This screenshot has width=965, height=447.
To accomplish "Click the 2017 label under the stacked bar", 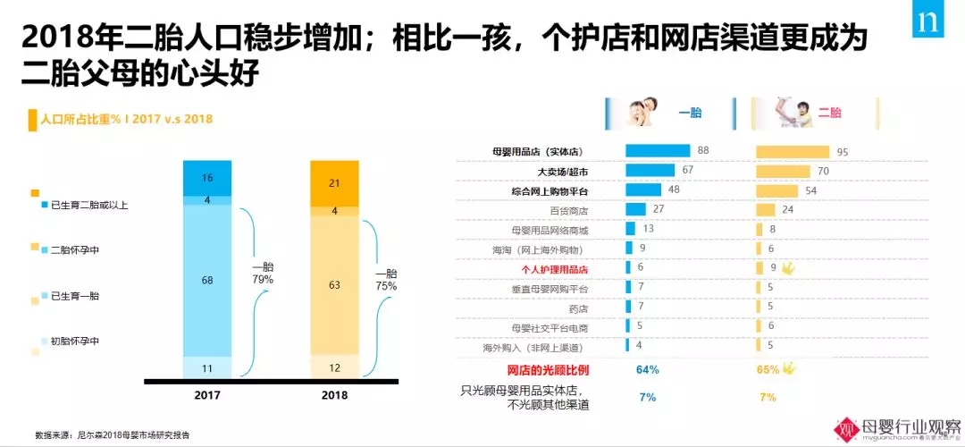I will pos(206,394).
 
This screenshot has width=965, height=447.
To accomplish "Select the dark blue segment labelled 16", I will pos(207,178).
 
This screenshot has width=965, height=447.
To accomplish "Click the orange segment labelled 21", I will pos(333,182).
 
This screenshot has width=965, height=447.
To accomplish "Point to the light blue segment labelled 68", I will pos(207,280).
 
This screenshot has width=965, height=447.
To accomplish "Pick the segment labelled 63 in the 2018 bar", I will pos(333,285).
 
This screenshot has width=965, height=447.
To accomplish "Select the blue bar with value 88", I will pos(658,150).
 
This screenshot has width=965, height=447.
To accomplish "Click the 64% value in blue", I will pos(647,369).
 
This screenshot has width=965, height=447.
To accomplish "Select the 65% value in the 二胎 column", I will pos(767,369).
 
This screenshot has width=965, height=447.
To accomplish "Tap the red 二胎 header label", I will pos(829,113).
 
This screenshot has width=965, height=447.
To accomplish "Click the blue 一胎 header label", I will pos(689,113).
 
